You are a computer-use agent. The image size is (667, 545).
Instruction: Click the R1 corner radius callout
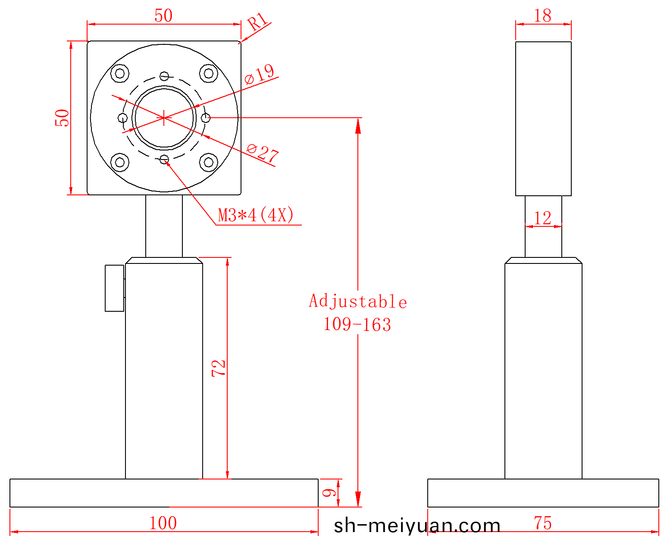pyautogui.click(x=257, y=22)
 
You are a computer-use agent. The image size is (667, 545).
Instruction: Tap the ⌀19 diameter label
pyautogui.click(x=259, y=74)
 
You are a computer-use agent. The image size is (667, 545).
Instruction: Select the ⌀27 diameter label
pyautogui.click(x=263, y=153)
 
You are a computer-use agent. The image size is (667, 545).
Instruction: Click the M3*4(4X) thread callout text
pyautogui.click(x=256, y=215)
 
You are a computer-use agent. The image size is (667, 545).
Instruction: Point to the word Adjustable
pyautogui.click(x=358, y=301)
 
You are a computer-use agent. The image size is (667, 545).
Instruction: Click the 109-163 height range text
pyautogui.click(x=357, y=325)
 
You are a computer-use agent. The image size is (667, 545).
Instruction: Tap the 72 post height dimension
pyautogui.click(x=219, y=368)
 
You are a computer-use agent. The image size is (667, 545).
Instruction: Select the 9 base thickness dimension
pyautogui.click(x=329, y=493)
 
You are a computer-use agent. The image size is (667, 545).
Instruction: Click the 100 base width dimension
pyautogui.click(x=163, y=523)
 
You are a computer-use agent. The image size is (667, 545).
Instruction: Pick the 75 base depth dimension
pyautogui.click(x=543, y=523)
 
